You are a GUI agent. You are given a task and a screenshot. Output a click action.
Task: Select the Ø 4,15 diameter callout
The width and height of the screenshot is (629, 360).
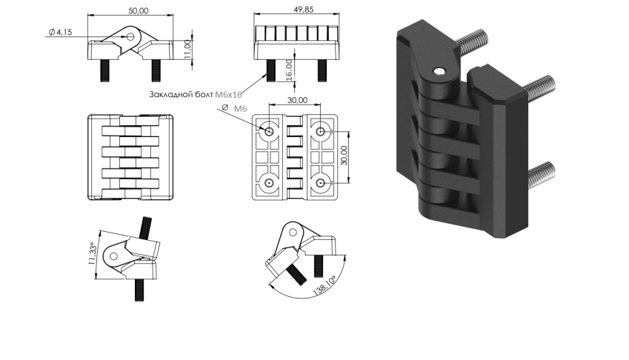point(60,31)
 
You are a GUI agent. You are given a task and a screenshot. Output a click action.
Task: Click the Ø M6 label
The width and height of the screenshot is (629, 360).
point(236,109)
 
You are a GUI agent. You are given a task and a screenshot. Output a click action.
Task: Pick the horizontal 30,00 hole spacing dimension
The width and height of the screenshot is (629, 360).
point(297,100)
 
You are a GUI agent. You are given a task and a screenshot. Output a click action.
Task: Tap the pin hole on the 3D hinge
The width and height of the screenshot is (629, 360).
point(440,72)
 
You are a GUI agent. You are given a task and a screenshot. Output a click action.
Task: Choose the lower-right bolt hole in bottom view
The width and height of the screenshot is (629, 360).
point(321,182)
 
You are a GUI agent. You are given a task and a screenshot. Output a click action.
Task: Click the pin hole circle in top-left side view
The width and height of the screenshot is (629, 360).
point(131,36)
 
